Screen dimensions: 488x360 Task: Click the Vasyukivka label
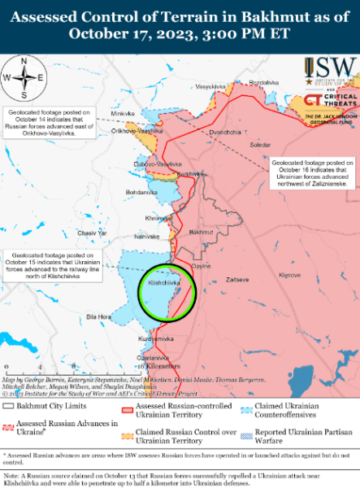pos(210,86)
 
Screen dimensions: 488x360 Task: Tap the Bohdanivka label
pos(141,192)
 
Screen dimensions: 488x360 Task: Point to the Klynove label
pos(290,276)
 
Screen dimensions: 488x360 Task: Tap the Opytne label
pos(202,266)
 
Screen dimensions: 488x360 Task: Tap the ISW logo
pos(331,70)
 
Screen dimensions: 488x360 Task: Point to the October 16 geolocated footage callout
pos(312,173)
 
